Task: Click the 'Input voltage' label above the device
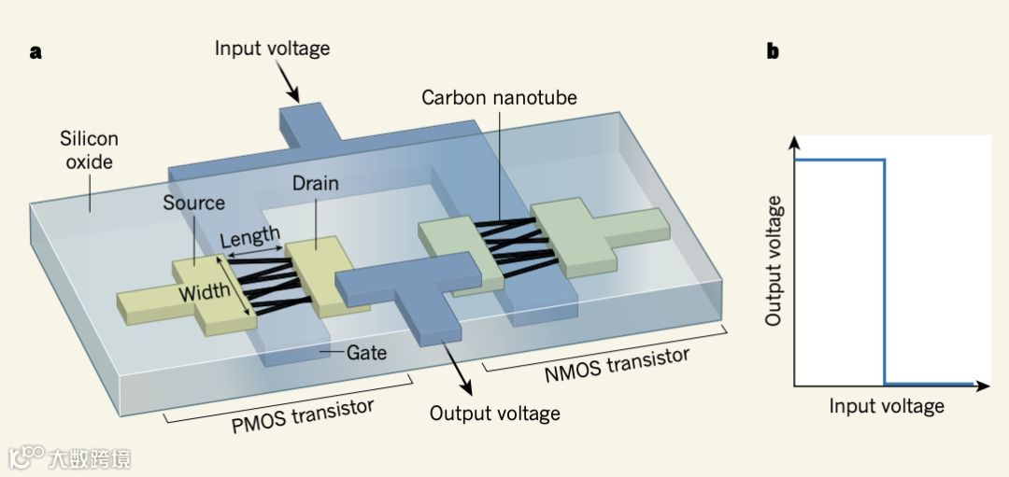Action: [x=272, y=48]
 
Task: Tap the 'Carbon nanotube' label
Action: [x=499, y=97]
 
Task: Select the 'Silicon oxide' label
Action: [x=90, y=150]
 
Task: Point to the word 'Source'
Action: [x=193, y=203]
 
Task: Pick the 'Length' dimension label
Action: [x=249, y=238]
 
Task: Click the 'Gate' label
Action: [x=366, y=353]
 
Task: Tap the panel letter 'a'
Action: [x=36, y=52]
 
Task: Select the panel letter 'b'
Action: [x=773, y=52]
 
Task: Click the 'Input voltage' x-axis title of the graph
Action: [x=886, y=406]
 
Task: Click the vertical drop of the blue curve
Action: [x=884, y=271]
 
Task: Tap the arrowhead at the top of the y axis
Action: [x=794, y=142]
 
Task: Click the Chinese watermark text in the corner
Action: [x=91, y=458]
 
